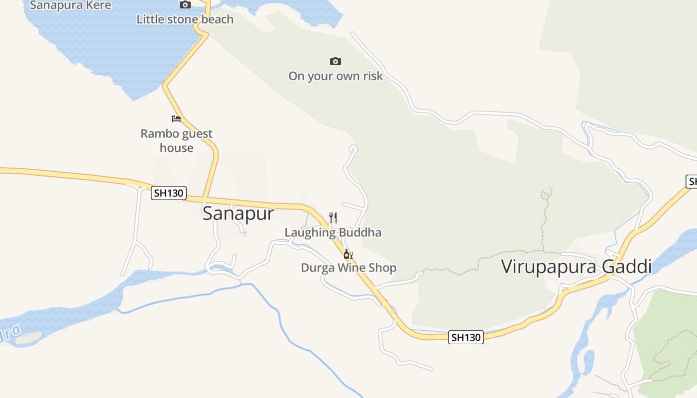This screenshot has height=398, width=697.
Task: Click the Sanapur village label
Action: (238, 213)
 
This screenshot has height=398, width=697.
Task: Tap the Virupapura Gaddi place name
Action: (576, 267)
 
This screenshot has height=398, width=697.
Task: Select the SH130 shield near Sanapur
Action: (169, 193)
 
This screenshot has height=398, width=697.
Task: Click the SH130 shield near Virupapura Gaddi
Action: (466, 337)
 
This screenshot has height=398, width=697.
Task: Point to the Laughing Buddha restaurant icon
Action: (333, 217)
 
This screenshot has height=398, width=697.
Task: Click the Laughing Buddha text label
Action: (333, 232)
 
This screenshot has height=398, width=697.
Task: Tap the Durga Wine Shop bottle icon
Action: (348, 254)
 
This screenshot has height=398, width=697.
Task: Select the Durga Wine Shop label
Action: (348, 268)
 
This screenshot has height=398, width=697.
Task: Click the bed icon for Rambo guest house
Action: (176, 119)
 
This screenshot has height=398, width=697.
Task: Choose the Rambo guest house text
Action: (176, 140)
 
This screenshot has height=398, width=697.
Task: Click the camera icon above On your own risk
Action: (336, 61)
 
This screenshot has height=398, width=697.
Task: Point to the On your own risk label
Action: (336, 76)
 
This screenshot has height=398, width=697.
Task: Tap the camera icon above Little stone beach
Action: (185, 5)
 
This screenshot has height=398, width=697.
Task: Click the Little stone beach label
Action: (185, 19)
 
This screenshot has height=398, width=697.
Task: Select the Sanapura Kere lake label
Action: (71, 5)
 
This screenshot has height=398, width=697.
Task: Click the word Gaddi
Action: (627, 267)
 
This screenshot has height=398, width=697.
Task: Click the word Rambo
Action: (159, 133)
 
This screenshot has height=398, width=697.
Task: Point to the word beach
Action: (217, 19)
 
